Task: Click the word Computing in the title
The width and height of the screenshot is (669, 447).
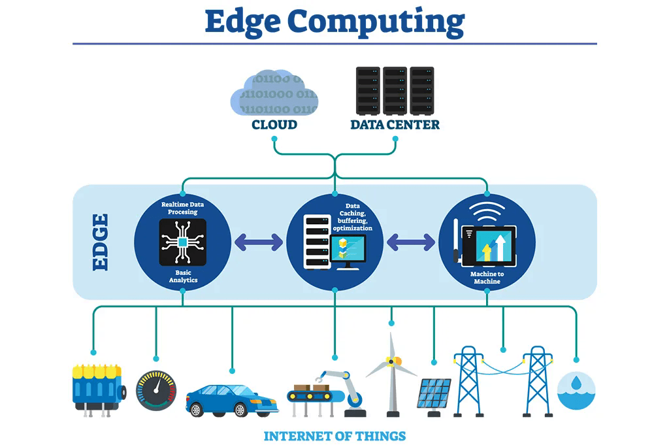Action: click(x=376, y=22)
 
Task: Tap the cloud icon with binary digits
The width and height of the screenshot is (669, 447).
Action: click(x=274, y=93)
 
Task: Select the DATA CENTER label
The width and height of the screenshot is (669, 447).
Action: click(x=395, y=124)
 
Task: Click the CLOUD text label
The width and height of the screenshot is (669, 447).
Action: click(x=274, y=124)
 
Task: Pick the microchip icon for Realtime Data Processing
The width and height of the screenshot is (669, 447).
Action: click(x=182, y=242)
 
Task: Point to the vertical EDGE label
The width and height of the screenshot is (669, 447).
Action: click(x=101, y=242)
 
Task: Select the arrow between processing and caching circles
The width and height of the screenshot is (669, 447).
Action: click(x=259, y=242)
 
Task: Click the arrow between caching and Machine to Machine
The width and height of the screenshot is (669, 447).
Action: click(x=411, y=242)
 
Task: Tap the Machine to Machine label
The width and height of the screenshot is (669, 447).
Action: click(x=487, y=278)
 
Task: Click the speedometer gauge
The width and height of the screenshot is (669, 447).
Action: click(x=155, y=391)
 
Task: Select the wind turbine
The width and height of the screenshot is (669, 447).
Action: click(x=391, y=372)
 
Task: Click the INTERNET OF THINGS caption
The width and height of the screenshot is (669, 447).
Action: click(x=334, y=436)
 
